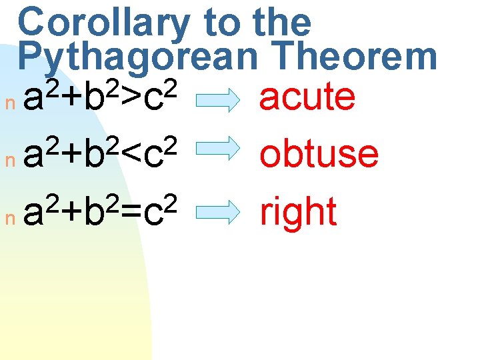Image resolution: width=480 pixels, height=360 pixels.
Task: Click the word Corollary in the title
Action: click(x=104, y=23)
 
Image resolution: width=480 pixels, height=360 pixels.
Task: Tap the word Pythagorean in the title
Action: click(x=137, y=57)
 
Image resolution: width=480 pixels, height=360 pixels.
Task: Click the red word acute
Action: click(x=307, y=97)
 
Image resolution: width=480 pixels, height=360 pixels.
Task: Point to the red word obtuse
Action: click(x=319, y=154)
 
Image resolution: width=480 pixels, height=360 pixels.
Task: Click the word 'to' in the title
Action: click(x=219, y=23)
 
